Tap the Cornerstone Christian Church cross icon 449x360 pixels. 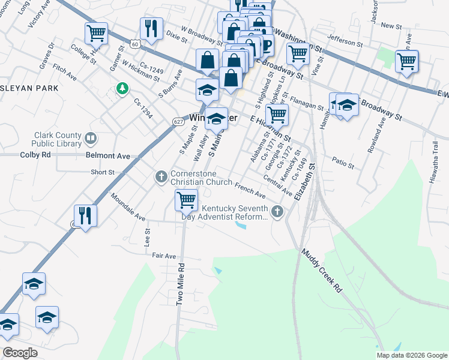[161, 177]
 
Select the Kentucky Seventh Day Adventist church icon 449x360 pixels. [277, 211]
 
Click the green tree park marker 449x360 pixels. [122, 89]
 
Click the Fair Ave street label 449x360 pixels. [164, 256]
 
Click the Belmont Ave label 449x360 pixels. [108, 155]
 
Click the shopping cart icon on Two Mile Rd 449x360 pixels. [186, 200]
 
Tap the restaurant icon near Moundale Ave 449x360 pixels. [85, 215]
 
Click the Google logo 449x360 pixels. [20, 353]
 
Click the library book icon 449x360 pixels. [91, 140]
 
